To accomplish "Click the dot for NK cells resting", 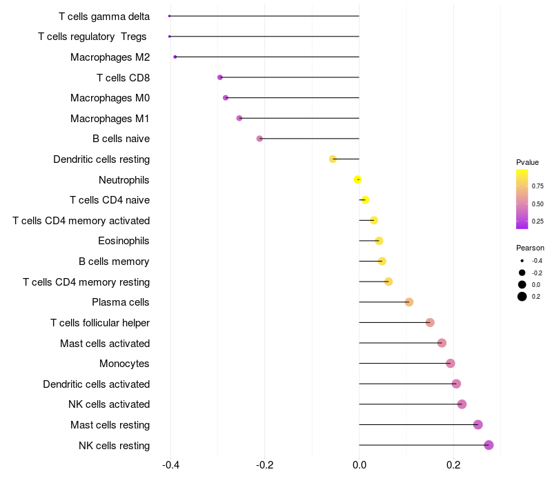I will [x=489, y=445].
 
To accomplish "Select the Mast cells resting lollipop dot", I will [x=478, y=424].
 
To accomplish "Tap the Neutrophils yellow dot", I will [x=357, y=179].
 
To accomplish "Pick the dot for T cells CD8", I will [x=220, y=77].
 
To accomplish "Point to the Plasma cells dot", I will [x=409, y=302].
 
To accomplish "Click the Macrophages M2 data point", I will [x=175, y=57].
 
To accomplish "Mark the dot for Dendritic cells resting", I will [x=333, y=159].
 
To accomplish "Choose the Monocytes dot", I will [x=451, y=364].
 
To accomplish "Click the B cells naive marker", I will [x=259, y=139].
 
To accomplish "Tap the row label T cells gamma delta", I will [x=104, y=16].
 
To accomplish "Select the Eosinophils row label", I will [x=124, y=241].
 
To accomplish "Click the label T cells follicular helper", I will [x=100, y=323].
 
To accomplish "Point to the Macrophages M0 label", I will [x=110, y=98].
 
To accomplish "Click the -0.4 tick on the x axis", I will [x=170, y=464].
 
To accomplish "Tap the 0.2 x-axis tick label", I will [x=453, y=464].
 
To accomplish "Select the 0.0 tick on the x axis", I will [x=359, y=464].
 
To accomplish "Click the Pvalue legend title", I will [x=527, y=162].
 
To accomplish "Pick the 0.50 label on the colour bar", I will [x=538, y=204].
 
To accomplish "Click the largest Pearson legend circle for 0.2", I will [x=522, y=297].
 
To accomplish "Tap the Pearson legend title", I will [x=530, y=248].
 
